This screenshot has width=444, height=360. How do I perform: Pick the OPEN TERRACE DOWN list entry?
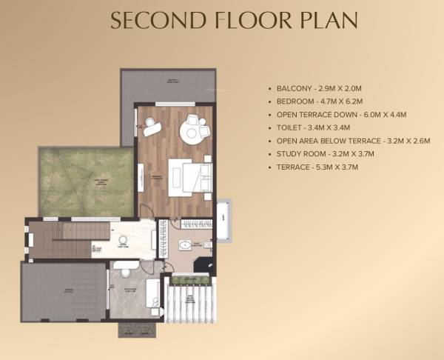coord(341,115)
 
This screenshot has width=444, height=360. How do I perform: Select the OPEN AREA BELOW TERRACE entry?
coord(352,141)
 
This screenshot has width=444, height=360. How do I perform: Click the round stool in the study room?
coord(123,240)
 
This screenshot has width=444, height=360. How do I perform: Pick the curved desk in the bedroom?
coord(152,127)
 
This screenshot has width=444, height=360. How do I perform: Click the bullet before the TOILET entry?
coord(269,127)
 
